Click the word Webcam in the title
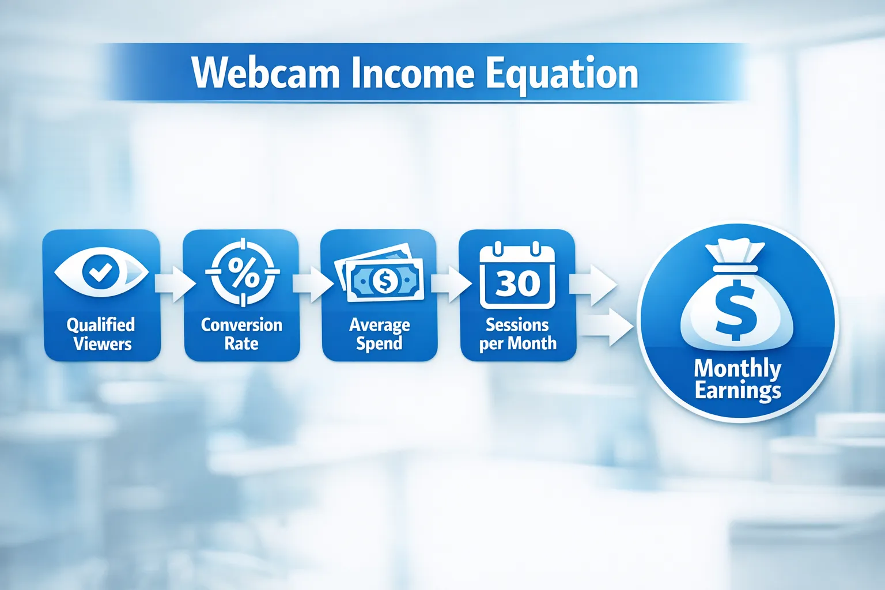tap(266, 73)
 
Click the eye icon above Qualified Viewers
tap(101, 272)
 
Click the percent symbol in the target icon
tap(243, 273)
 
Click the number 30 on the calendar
tap(517, 283)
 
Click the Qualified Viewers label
tap(101, 334)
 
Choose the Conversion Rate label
tap(241, 334)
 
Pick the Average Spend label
tap(379, 334)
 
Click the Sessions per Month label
tap(517, 334)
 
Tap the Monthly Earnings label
tap(737, 379)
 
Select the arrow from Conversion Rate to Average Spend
tap(312, 283)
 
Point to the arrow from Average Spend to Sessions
tap(450, 283)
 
